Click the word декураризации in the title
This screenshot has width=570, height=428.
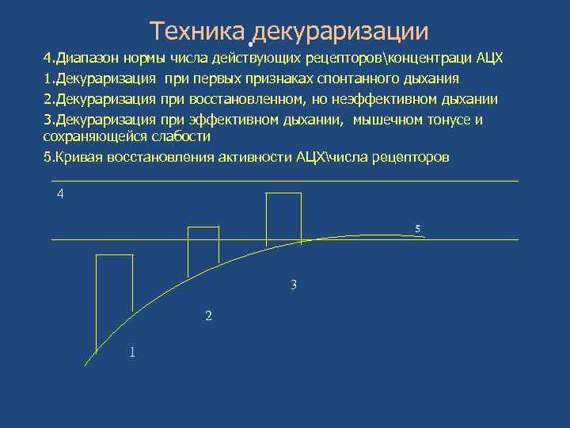tap(342, 32)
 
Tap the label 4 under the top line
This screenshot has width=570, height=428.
tap(60, 194)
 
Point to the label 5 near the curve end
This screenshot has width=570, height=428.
tap(418, 230)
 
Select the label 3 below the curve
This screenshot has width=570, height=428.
tap(294, 285)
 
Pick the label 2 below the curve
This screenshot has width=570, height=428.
tap(208, 315)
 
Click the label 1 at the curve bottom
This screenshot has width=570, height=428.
tap(132, 352)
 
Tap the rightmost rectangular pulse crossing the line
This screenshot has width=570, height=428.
tap(283, 219)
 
